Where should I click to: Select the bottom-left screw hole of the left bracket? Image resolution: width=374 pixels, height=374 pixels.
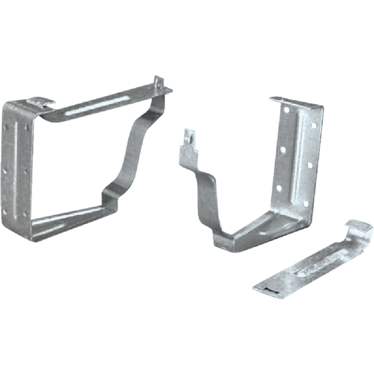pos(4,212)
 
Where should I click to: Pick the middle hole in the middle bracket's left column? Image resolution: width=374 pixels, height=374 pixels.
pos(283,150)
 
